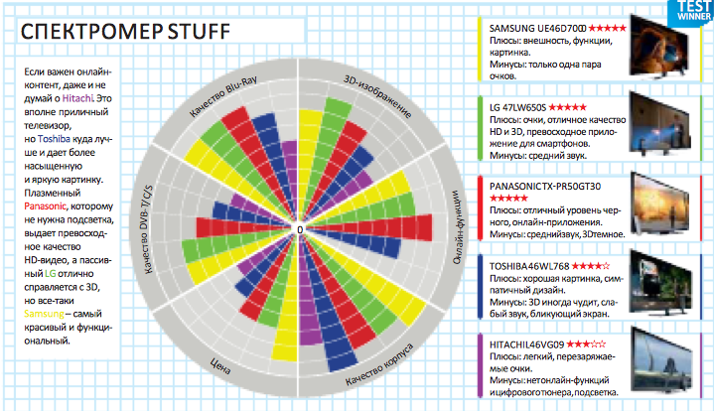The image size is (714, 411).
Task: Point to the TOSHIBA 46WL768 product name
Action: [527, 266]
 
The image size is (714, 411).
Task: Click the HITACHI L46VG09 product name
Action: [526, 343]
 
